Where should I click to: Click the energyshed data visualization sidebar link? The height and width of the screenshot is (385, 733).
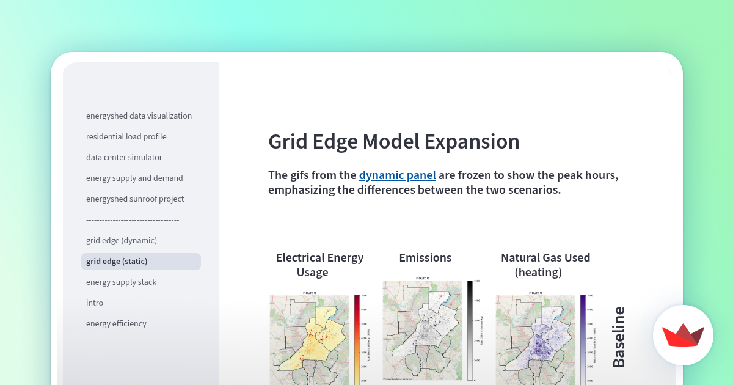[x=139, y=116]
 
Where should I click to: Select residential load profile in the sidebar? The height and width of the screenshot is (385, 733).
[x=126, y=136]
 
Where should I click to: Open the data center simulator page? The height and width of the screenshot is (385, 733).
[x=124, y=157]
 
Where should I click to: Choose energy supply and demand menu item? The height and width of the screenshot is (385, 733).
[x=134, y=178]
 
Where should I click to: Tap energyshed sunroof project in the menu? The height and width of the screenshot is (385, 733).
[x=135, y=199]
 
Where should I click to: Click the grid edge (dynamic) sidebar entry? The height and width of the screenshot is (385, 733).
[x=122, y=240]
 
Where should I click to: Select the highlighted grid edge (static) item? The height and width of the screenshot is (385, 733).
[x=117, y=261]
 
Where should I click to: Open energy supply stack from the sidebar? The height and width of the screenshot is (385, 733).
[x=121, y=282]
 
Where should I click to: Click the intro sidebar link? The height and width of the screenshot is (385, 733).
[x=95, y=302]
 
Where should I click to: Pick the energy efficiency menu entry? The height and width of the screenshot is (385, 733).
[x=116, y=323]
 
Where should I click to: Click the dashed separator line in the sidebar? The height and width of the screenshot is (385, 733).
[x=132, y=219]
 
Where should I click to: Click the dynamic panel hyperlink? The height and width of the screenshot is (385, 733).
[x=397, y=175]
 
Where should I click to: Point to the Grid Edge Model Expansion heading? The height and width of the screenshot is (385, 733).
[x=394, y=141]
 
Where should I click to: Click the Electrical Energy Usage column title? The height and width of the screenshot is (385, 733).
[x=319, y=265]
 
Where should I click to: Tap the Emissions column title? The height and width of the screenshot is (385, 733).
[x=425, y=257]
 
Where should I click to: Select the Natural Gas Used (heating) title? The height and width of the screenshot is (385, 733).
[x=545, y=265]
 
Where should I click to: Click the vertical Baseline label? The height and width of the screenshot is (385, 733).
[x=619, y=337]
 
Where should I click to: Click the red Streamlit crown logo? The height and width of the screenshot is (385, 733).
[x=683, y=335]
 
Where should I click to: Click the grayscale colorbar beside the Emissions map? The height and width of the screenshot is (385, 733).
[x=470, y=330]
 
